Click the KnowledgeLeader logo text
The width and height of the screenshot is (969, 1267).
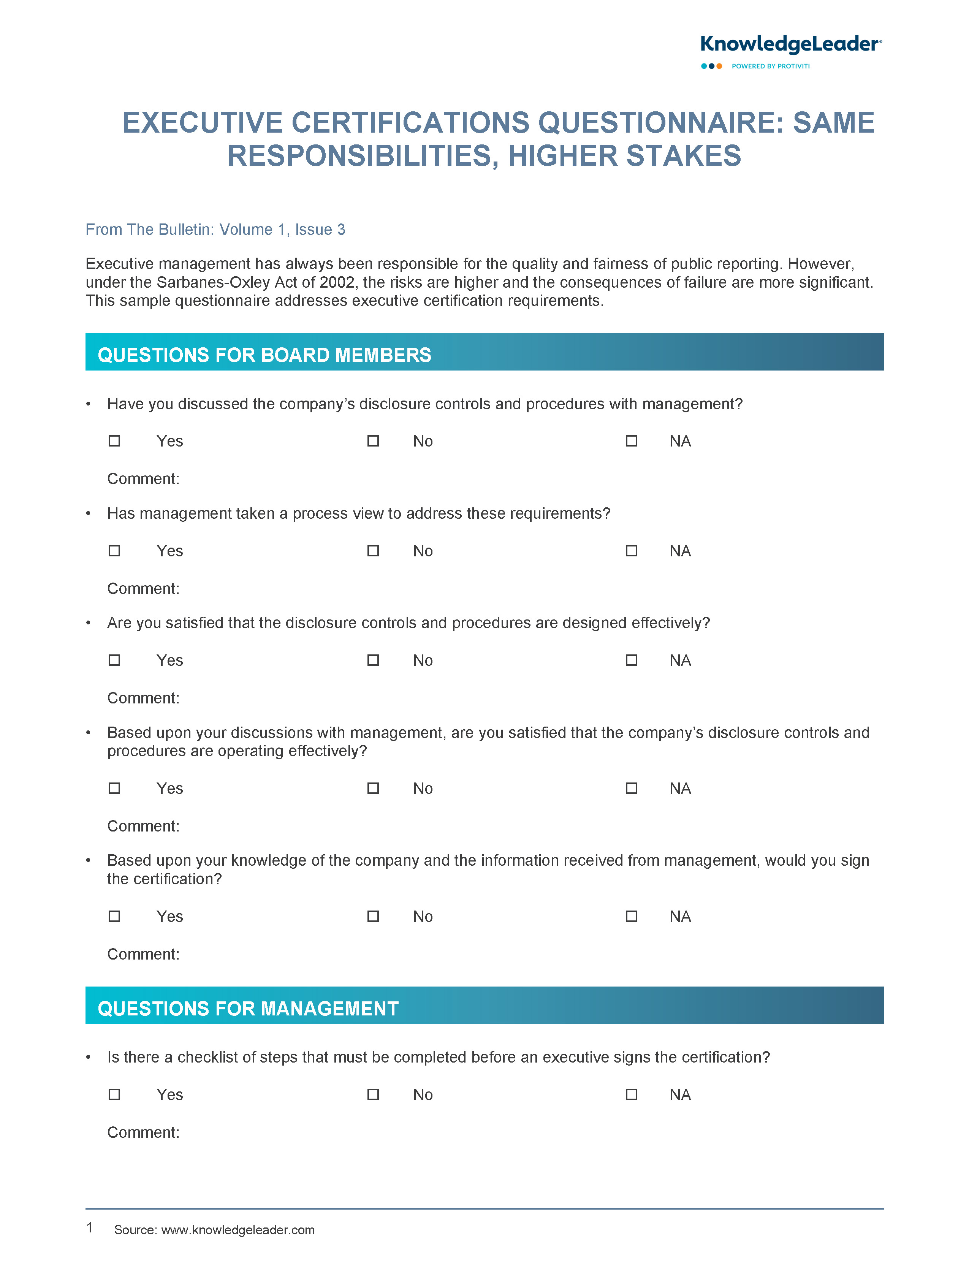coord(790,44)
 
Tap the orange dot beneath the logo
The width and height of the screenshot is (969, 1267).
coord(719,67)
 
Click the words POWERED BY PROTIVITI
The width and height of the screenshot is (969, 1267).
coord(771,67)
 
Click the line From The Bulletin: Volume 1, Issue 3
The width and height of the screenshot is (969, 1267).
coord(215,230)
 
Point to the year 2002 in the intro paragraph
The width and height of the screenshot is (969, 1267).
coord(337,283)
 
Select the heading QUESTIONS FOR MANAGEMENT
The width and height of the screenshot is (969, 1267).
coord(248,1008)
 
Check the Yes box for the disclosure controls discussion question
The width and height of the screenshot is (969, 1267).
coord(114,441)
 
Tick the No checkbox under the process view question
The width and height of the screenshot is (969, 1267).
coord(373,551)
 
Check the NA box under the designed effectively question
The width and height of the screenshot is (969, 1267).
coord(632,660)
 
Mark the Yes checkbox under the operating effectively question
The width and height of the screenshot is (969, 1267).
coord(114,788)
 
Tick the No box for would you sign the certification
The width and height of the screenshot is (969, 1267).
coord(373,916)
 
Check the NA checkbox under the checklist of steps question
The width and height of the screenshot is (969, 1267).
coord(632,1094)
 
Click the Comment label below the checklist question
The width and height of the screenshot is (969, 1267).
coord(143,1132)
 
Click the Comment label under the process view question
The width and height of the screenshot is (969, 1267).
coord(143,588)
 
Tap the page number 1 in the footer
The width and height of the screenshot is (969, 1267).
coord(89,1228)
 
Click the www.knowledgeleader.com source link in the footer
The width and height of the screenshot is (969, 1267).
coord(237,1230)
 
